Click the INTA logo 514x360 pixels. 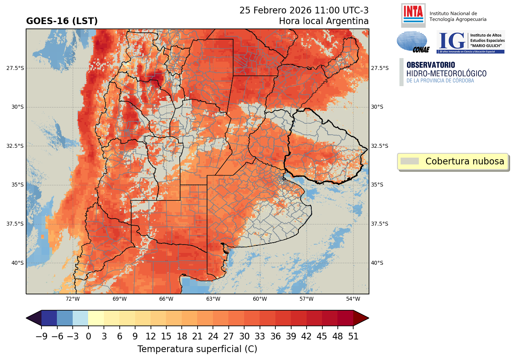pyautogui.click(x=413, y=15)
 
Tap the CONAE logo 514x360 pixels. pyautogui.click(x=412, y=42)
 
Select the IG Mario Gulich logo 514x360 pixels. pyautogui.click(x=471, y=42)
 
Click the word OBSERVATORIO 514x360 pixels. pyautogui.click(x=431, y=65)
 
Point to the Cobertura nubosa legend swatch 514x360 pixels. pyautogui.click(x=409, y=161)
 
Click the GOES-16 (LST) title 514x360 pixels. pyautogui.click(x=62, y=21)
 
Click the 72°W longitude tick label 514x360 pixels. pyautogui.click(x=73, y=299)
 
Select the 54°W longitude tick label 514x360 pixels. pyautogui.click(x=353, y=299)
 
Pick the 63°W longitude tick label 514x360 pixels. pyautogui.click(x=213, y=299)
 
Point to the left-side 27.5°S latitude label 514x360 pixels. pyautogui.click(x=15, y=68)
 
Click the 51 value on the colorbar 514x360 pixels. pyautogui.click(x=353, y=336)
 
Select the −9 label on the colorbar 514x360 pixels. pyautogui.click(x=41, y=336)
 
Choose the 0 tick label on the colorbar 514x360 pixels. pyautogui.click(x=88, y=336)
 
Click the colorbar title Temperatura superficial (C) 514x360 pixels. pyautogui.click(x=197, y=349)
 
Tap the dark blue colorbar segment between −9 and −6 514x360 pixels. pyautogui.click(x=49, y=318)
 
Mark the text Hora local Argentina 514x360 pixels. pyautogui.click(x=324, y=21)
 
